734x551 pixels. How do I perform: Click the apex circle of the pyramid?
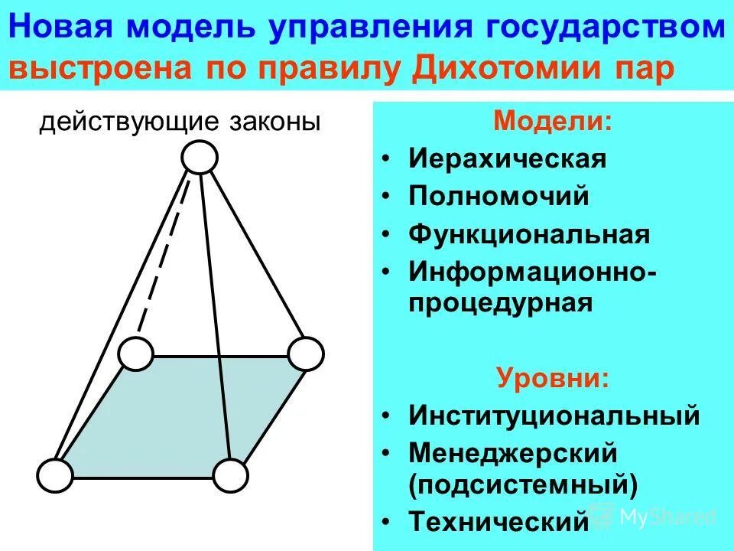tap(200, 158)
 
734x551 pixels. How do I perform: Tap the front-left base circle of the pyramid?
tap(54, 476)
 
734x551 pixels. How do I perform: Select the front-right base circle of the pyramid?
tap(230, 476)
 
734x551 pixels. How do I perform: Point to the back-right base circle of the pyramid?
tap(306, 354)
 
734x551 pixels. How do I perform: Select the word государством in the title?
tap(620, 29)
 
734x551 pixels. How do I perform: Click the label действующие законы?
tap(180, 122)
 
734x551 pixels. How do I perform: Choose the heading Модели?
tap(553, 122)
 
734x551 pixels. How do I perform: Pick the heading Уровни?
tap(553, 378)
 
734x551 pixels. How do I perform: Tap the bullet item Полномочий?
tap(499, 196)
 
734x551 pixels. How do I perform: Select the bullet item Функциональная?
tap(529, 233)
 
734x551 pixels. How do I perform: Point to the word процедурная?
tap(501, 302)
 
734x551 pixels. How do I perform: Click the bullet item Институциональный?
tap(554, 416)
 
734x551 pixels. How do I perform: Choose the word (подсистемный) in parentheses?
tap(524, 484)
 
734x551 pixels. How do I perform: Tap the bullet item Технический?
tap(498, 522)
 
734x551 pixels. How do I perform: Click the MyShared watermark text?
tap(667, 517)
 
